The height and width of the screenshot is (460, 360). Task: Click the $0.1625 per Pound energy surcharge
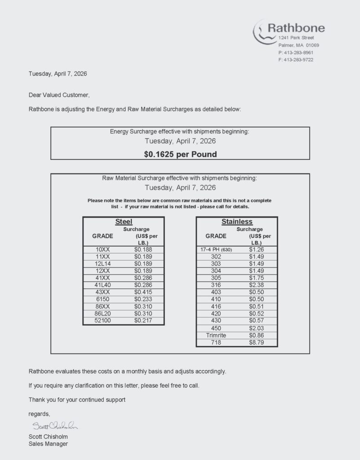180,154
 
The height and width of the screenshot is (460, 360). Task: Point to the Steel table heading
124,221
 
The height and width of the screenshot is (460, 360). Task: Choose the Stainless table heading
237,221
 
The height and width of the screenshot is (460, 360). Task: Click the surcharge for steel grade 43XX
143,292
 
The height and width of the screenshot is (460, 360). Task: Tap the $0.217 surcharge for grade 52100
143,320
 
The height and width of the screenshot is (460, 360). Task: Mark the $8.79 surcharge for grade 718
256,342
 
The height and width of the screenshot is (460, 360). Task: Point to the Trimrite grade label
216,335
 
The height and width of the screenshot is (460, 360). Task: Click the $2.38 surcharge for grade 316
256,285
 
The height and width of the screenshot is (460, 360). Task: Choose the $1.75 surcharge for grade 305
256,278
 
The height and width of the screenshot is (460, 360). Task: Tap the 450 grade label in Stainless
216,328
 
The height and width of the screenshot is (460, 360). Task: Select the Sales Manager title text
48,444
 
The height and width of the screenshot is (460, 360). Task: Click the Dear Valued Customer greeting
59,95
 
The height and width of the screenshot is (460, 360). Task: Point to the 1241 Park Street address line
296,38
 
